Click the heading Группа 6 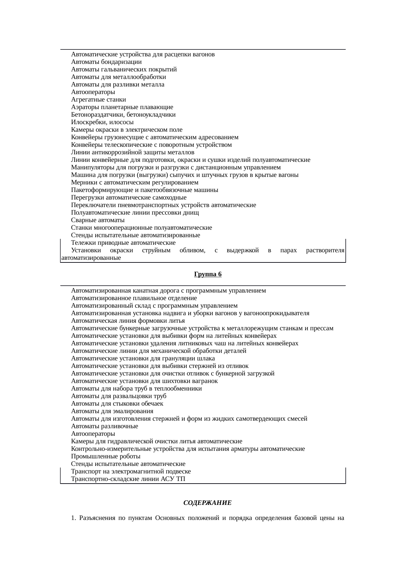pyautogui.click(x=208, y=274)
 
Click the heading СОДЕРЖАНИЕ pyautogui.click(x=207, y=503)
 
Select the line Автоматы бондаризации pyautogui.click(x=106, y=62)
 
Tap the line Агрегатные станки pyautogui.click(x=99, y=100)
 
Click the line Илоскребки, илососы pyautogui.click(x=102, y=122)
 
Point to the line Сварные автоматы pyautogui.click(x=98, y=220)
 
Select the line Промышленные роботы pyautogui.click(x=106, y=456)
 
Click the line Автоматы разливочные pyautogui.click(x=104, y=426)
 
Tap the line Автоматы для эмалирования pyautogui.click(x=112, y=411)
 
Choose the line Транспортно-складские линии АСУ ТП pyautogui.click(x=128, y=479)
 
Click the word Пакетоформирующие pyautogui.click(x=95, y=190)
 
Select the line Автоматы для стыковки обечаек pyautogui.click(x=117, y=404)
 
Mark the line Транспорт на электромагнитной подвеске pyautogui.click(x=131, y=471)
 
